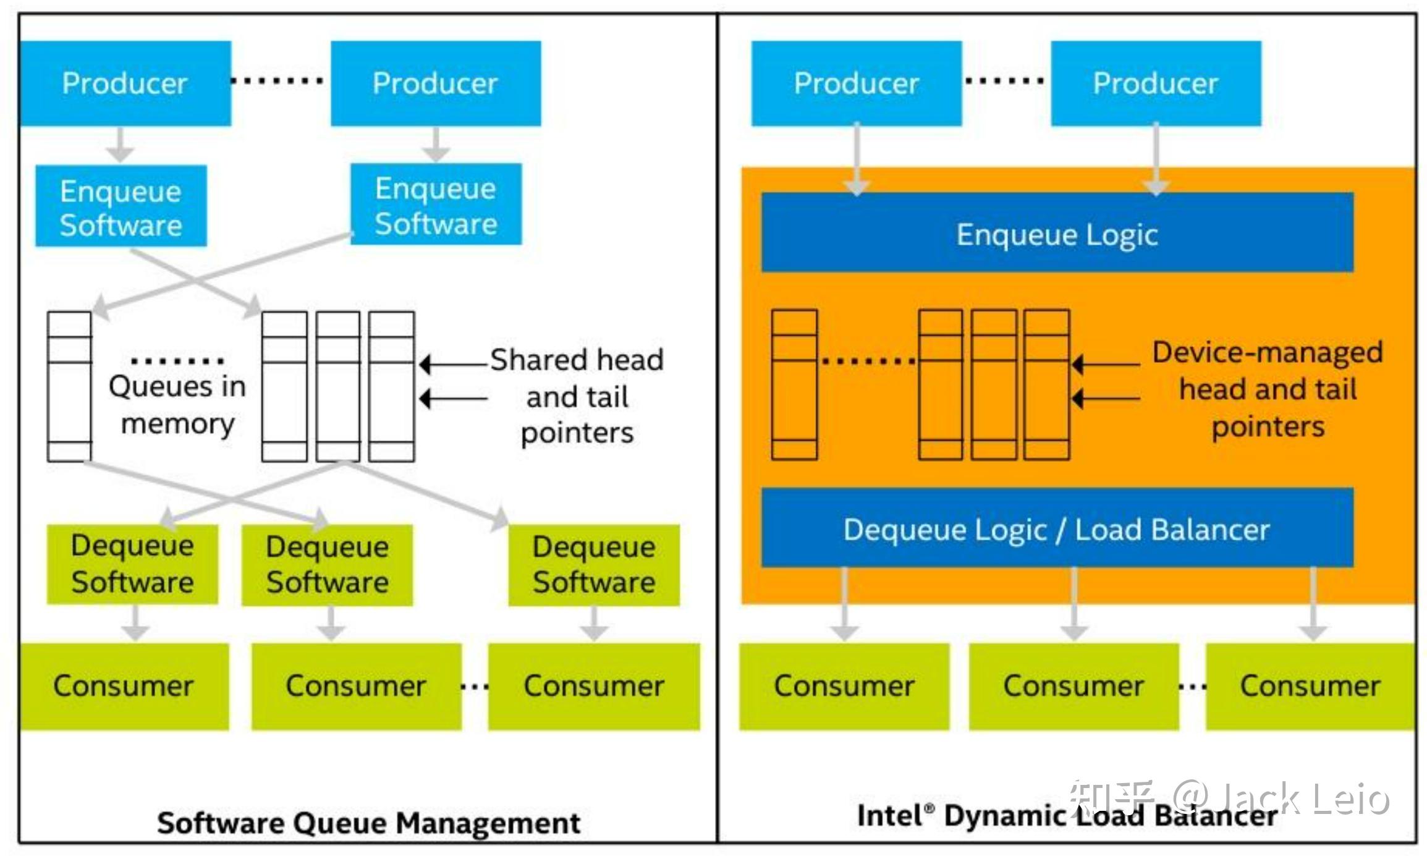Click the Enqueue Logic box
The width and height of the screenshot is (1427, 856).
(1057, 233)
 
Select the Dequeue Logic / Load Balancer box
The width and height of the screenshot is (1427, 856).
(1057, 528)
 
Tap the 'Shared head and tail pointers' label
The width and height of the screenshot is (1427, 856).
(577, 396)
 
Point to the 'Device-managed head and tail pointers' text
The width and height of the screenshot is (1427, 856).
(1267, 389)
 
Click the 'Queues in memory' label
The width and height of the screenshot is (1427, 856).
(177, 405)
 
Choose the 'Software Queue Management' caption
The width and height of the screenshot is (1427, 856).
(368, 823)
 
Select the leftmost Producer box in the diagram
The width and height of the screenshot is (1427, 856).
(125, 83)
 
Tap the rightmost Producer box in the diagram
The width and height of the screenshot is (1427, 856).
(1156, 83)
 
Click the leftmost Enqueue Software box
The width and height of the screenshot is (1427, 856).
(121, 206)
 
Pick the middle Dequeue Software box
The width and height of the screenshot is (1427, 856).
(327, 565)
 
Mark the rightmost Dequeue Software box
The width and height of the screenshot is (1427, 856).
(594, 565)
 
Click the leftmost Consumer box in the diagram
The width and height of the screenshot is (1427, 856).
(124, 686)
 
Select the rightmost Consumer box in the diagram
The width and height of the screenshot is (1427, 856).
(1310, 686)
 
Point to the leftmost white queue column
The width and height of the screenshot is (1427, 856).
(69, 386)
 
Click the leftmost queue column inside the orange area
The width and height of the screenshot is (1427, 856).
(794, 384)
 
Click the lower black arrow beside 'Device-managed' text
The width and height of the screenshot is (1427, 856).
(1106, 399)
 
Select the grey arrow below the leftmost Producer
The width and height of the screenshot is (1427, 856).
(121, 145)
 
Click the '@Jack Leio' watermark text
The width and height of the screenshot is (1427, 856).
(1279, 799)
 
